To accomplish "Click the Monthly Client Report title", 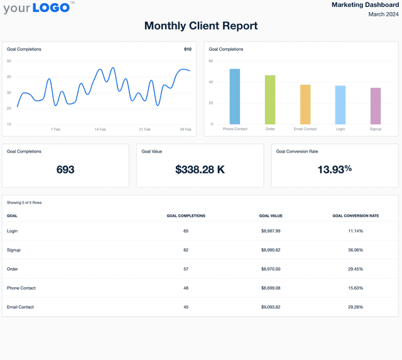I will click(201, 26).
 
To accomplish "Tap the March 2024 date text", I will click(383, 14).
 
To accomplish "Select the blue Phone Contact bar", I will click(235, 96).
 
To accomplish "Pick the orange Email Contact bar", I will click(305, 104).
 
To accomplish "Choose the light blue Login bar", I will click(340, 105).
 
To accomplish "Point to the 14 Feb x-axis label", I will click(100, 129).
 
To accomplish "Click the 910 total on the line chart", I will click(187, 49).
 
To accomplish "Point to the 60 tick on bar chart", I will click(210, 61).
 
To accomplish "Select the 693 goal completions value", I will click(65, 170).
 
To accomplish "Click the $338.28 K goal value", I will click(200, 170).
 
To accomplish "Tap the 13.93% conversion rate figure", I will click(334, 170).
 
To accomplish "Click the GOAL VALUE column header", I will click(271, 215).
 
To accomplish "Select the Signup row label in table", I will click(14, 250).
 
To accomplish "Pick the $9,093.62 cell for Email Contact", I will click(271, 307).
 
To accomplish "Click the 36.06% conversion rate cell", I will click(356, 250).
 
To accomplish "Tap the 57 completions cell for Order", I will click(186, 269).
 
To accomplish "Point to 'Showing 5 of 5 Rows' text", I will click(24, 203).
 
